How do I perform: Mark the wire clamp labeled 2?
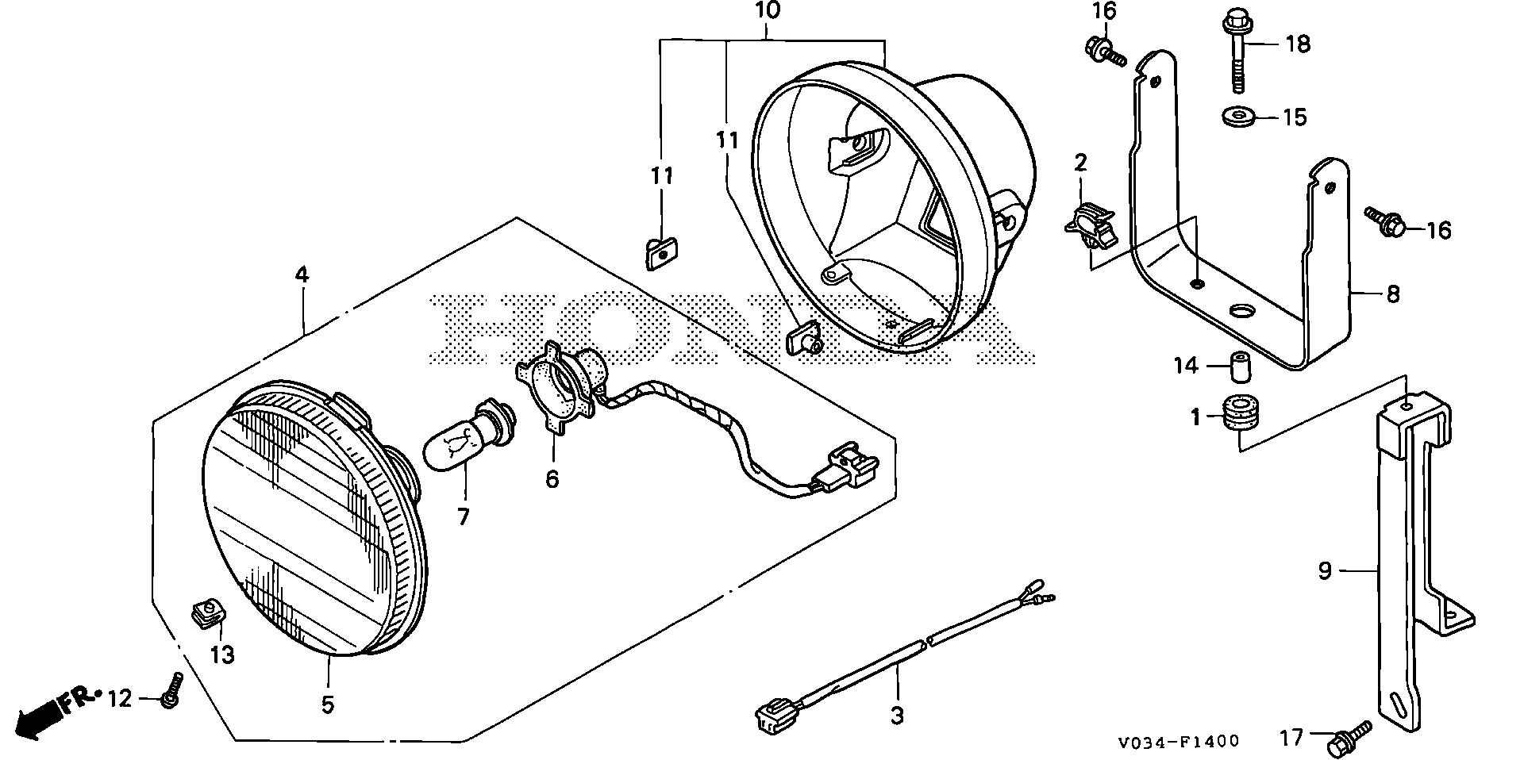[1089, 225]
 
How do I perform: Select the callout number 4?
[301, 274]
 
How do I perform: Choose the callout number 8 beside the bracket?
[1392, 294]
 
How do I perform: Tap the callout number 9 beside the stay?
[1324, 570]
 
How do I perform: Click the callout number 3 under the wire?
[896, 716]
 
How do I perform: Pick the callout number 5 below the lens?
[327, 704]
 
